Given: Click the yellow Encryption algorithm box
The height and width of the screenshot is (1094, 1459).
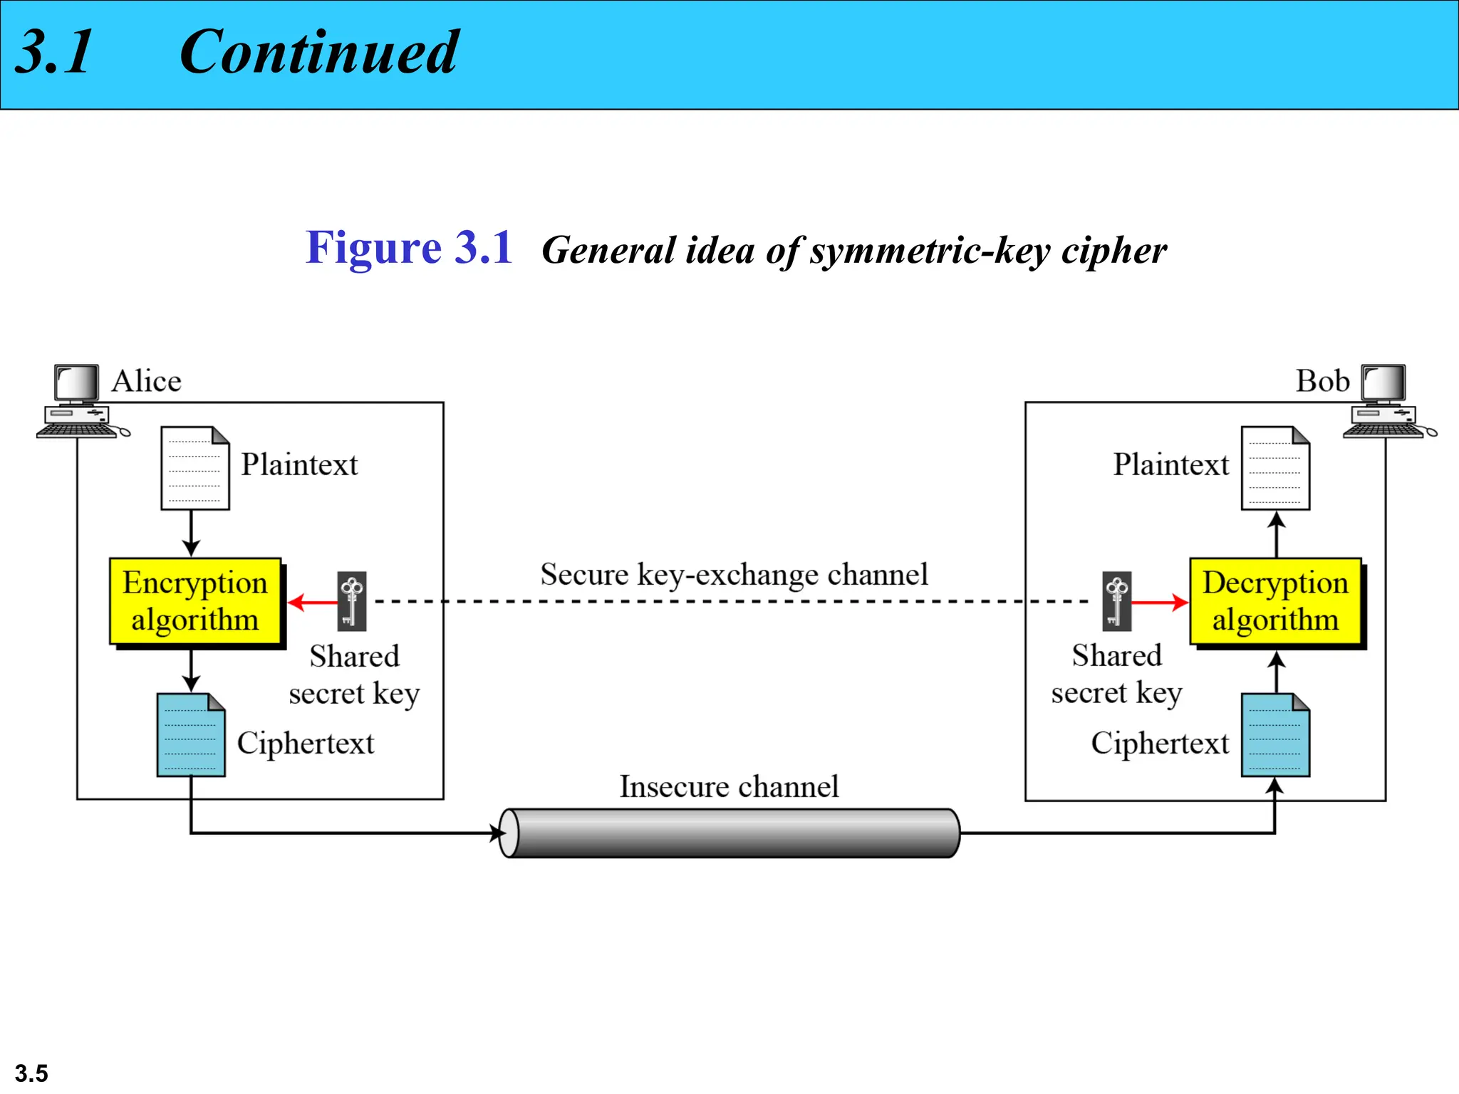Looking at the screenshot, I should [x=195, y=601].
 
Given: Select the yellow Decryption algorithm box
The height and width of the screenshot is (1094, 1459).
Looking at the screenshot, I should [x=1275, y=601].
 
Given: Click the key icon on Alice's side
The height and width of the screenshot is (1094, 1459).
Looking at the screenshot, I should [x=352, y=601].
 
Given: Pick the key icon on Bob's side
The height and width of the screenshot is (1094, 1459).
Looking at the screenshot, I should [x=1116, y=601].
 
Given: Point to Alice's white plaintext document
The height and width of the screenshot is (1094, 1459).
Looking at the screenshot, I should [x=195, y=468].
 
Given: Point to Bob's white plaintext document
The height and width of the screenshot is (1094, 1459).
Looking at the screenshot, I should [x=1275, y=468].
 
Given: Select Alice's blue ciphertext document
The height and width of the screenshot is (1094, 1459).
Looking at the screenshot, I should [x=191, y=735].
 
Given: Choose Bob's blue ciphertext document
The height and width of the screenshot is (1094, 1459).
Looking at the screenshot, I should [x=1275, y=735].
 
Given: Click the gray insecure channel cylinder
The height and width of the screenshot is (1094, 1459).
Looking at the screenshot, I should [x=729, y=833].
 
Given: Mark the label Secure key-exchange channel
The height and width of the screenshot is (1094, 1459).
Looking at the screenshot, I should [x=734, y=574].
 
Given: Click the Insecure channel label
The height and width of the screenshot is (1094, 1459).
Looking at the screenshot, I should [x=729, y=786].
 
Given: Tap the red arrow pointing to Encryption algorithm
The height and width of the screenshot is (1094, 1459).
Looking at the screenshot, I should [x=313, y=603].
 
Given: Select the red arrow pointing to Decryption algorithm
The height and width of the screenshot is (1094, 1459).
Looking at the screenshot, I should [x=1160, y=603].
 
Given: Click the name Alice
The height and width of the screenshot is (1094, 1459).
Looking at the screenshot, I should [x=146, y=381].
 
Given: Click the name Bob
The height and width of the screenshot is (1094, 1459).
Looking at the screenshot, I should [x=1322, y=381].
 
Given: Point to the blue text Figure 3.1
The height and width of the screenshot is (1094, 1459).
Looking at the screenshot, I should [x=409, y=248].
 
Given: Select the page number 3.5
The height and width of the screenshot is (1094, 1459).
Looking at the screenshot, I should [x=31, y=1073].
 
